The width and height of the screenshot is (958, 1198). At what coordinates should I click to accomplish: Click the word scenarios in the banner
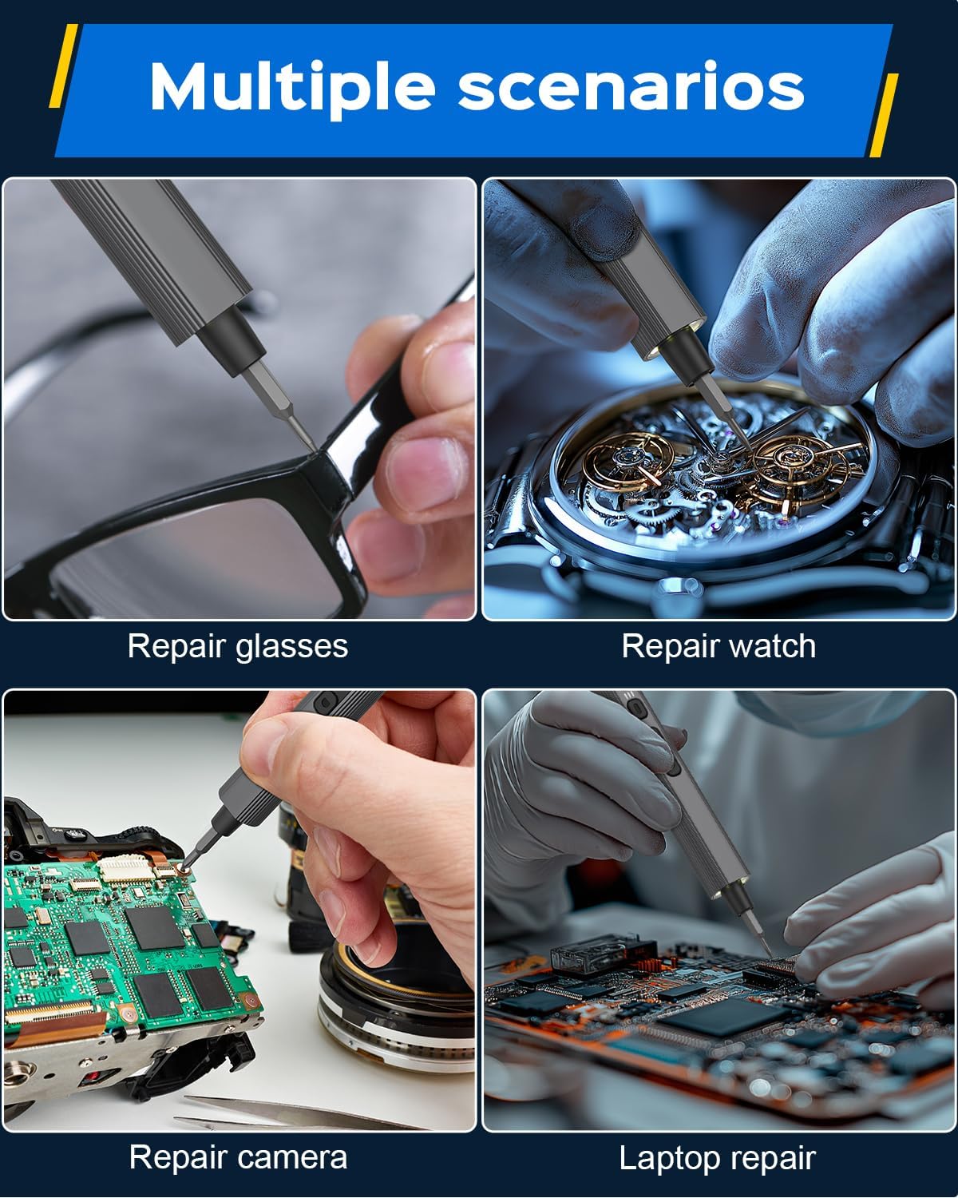(x=631, y=87)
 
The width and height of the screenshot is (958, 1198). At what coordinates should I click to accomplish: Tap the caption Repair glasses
(x=238, y=647)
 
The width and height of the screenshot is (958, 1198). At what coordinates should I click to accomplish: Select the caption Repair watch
(x=718, y=646)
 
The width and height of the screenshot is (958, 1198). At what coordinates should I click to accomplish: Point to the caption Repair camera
(x=238, y=1158)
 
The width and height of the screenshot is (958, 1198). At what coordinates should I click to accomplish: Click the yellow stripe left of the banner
(x=63, y=65)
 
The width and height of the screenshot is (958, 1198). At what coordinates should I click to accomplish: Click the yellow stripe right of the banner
(x=884, y=115)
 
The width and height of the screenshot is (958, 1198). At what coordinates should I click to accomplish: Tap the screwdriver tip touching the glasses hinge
(x=314, y=449)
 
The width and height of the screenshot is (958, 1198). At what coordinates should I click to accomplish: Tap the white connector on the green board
(x=126, y=868)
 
